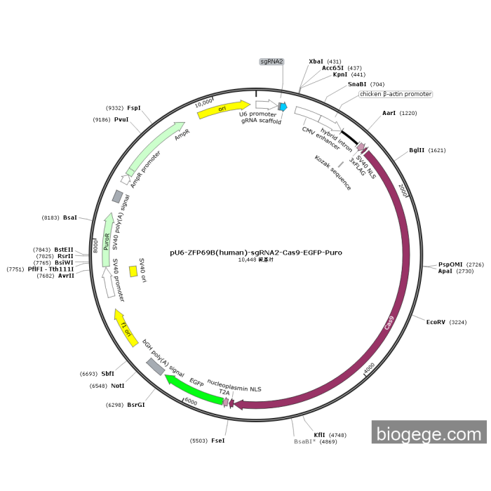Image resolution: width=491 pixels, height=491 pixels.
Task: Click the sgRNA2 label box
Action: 271,61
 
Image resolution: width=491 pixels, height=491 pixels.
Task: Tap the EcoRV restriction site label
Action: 436,323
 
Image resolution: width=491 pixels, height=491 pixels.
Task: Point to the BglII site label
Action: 417,150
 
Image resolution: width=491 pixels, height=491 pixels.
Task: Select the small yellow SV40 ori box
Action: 133,271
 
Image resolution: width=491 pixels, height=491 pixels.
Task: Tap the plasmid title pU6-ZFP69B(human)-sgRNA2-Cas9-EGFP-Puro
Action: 256,253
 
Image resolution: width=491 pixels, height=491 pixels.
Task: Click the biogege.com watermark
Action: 429,433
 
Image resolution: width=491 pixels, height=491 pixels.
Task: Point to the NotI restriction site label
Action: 118,386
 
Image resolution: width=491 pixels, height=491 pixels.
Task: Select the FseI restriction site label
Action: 218,440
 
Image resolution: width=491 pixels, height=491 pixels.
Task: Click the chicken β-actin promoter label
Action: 396,94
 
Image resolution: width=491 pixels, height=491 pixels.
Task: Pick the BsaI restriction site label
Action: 70,218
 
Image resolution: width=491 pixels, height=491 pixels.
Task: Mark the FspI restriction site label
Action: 133,108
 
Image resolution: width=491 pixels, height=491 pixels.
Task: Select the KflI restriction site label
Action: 319,435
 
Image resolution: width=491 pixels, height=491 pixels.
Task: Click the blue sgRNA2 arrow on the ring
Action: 283,107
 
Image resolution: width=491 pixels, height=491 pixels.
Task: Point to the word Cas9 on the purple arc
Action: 390,323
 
